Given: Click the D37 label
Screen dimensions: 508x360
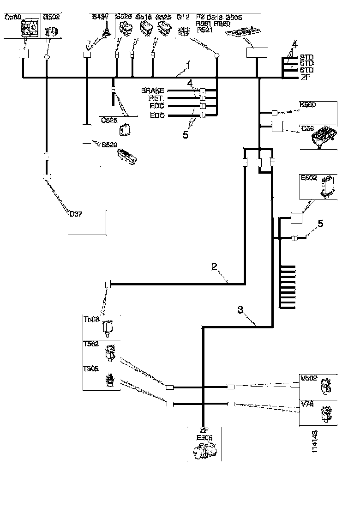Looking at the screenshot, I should (x=76, y=213).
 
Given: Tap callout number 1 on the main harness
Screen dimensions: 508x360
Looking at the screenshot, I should (x=187, y=66).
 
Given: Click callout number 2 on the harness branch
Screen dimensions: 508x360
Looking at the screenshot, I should (x=214, y=266).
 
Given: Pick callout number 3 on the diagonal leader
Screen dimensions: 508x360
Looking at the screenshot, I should (x=240, y=310).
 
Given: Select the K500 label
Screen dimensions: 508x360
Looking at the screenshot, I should (x=308, y=105).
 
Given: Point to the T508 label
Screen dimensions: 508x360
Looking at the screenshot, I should (x=90, y=318).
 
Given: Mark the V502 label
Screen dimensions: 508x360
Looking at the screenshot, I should (x=309, y=378).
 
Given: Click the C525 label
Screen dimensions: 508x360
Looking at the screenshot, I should (x=109, y=119).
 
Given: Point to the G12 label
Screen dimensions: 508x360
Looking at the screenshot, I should (x=183, y=17).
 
